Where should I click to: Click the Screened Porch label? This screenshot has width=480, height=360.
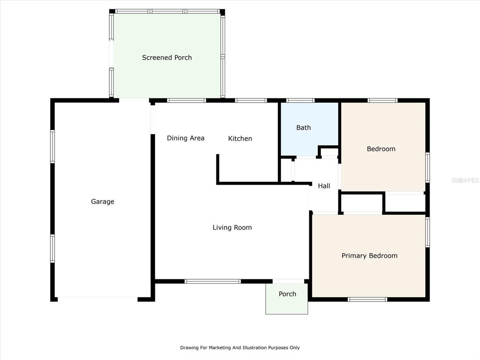(167, 58)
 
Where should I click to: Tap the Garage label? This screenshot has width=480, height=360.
(103, 202)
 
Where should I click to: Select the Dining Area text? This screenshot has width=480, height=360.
(186, 138)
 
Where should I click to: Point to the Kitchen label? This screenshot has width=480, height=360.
(240, 139)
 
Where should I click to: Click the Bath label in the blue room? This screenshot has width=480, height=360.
(303, 127)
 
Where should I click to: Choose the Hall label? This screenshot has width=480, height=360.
(324, 186)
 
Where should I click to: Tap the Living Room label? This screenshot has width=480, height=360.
(232, 227)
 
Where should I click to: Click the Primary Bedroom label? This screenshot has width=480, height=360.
(369, 255)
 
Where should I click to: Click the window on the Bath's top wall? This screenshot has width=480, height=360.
(300, 100)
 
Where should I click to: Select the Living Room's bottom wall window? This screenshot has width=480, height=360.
(213, 281)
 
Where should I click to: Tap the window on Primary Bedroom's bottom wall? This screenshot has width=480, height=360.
(367, 300)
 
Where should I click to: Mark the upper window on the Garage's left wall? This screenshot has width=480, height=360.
(52, 147)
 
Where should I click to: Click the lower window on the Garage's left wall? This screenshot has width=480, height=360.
(52, 248)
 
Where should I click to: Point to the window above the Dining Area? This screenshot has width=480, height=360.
(187, 100)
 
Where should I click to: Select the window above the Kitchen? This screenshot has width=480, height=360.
(251, 100)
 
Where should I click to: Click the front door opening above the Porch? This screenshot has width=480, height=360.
(288, 281)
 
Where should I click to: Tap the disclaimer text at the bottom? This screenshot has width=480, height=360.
(240, 347)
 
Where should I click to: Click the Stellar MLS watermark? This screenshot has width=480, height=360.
(465, 180)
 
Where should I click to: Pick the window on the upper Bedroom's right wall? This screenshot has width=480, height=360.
(427, 167)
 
